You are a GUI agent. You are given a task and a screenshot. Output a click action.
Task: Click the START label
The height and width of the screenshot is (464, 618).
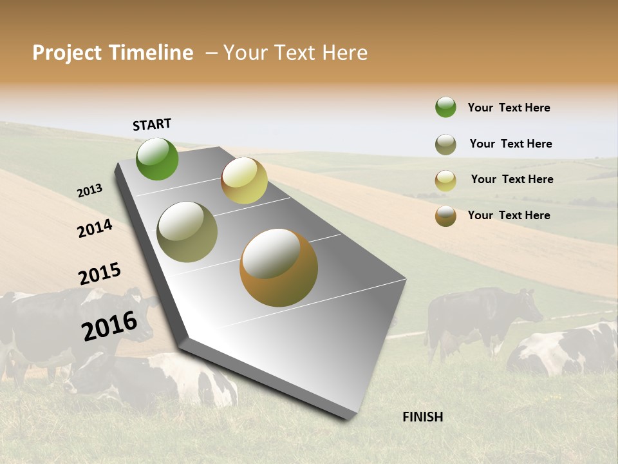tap(152, 124)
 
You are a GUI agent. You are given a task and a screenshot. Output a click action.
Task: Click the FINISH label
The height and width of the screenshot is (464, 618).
tap(422, 417)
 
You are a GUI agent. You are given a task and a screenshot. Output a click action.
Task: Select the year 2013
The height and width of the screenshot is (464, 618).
tap(89, 190)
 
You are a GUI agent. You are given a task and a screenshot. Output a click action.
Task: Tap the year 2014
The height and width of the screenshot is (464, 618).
tap(95, 228)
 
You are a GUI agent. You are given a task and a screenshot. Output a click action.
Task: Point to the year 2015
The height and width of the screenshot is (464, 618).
tap(100, 274)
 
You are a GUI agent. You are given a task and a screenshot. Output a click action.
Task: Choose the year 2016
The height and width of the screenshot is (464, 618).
tap(109, 325)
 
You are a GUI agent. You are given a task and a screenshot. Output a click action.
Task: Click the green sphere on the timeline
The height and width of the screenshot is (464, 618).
tap(157, 159)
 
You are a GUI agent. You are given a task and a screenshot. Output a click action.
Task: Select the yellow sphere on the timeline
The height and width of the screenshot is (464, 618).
tap(244, 180)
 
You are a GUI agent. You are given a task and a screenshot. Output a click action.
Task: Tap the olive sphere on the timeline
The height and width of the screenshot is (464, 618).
tap(187, 232)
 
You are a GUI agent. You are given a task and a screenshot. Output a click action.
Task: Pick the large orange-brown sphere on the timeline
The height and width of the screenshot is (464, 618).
tap(279, 267)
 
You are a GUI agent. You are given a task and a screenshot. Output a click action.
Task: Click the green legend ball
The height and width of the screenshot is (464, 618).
tap(445, 107)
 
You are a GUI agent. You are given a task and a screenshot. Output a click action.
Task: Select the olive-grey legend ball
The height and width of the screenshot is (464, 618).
tap(445, 144)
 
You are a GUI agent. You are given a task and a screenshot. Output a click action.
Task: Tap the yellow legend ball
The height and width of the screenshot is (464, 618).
tap(445, 180)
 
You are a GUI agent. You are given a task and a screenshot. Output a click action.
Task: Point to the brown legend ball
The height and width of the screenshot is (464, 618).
tap(445, 216)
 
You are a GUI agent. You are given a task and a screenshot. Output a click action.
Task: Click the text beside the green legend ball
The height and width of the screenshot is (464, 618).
tap(509, 108)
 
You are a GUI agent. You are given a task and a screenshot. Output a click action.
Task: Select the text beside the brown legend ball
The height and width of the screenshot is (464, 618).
tap(509, 215)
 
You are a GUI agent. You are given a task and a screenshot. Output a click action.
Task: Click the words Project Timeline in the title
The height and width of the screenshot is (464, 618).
tap(113, 53)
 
